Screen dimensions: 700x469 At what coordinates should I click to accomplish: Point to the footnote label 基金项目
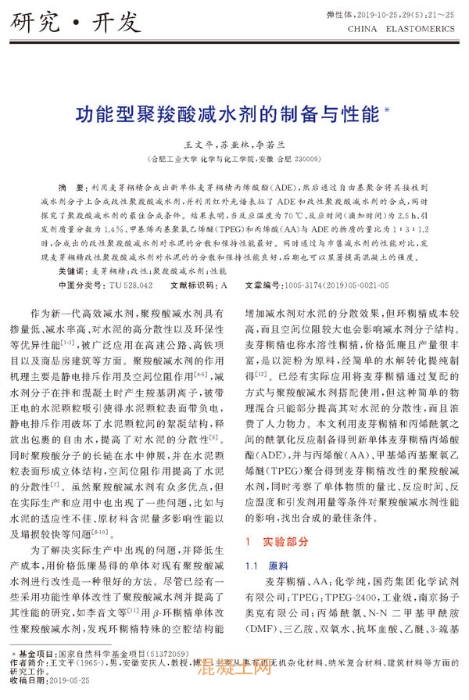40,652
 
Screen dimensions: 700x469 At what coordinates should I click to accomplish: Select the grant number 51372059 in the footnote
167,652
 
